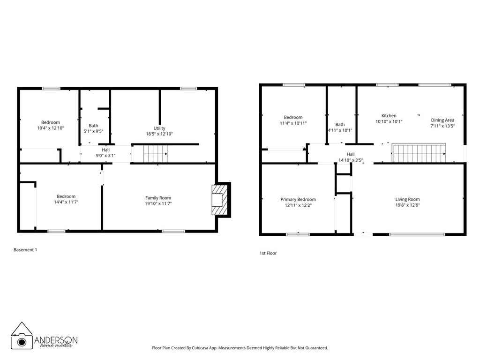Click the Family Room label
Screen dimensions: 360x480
pyautogui.click(x=158, y=198)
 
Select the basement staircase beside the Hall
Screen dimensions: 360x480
pyautogui.click(x=155, y=153)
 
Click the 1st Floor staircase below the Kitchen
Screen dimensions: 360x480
pyautogui.click(x=419, y=153)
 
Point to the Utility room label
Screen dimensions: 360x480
pyautogui.click(x=159, y=128)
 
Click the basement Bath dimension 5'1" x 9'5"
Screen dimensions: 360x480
pyautogui.click(x=94, y=132)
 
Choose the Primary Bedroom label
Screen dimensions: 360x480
pyautogui.click(x=298, y=199)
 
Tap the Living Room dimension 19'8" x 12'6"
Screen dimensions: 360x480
pyautogui.click(x=407, y=205)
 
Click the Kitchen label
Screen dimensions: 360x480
pyautogui.click(x=389, y=116)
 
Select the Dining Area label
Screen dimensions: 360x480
pyautogui.click(x=443, y=120)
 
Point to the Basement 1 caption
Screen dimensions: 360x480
pyautogui.click(x=25, y=250)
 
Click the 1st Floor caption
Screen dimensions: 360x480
pyautogui.click(x=268, y=253)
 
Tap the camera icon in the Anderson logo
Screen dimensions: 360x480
pyautogui.click(x=22, y=341)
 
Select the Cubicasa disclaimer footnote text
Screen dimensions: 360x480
pyautogui.click(x=240, y=348)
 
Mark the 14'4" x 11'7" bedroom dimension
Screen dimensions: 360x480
pyautogui.click(x=66, y=202)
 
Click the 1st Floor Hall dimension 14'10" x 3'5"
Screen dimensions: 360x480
pyautogui.click(x=351, y=160)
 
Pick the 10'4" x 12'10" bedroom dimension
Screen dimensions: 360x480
pyautogui.click(x=50, y=128)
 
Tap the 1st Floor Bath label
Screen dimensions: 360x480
pyautogui.click(x=340, y=124)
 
